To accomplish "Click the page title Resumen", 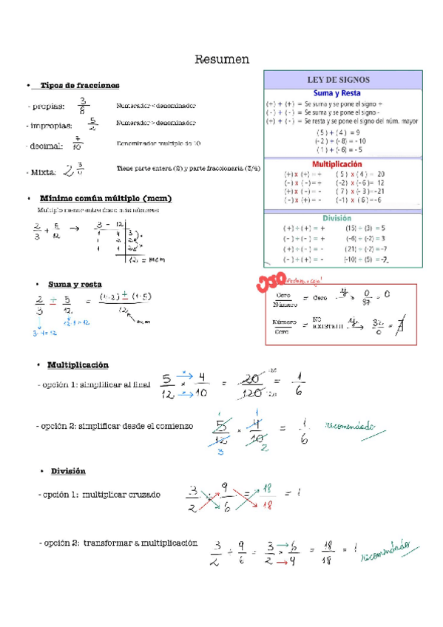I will (222, 59).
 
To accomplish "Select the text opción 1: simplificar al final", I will (94, 384).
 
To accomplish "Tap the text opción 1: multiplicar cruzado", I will (99, 494).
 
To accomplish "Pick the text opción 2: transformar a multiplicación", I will (118, 543).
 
